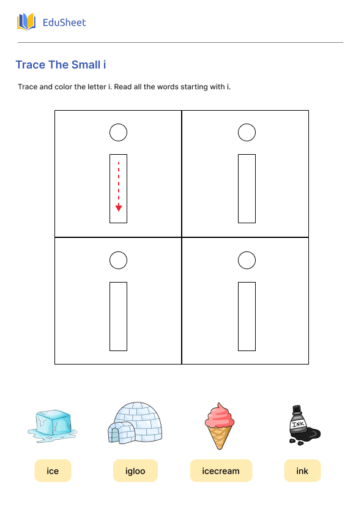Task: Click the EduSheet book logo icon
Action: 26,22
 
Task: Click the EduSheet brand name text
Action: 64,23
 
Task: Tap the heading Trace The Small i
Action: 61,65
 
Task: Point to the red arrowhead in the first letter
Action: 119,208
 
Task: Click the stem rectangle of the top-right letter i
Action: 239,188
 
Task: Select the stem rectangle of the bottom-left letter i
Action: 110,316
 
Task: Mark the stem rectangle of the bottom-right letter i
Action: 239,316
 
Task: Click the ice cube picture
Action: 53,426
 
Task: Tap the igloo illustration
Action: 135,423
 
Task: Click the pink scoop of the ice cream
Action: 220,415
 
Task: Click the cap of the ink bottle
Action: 297,409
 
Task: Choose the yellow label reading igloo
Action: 135,471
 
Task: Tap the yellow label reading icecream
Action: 221,471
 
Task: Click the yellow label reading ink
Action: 302,471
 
